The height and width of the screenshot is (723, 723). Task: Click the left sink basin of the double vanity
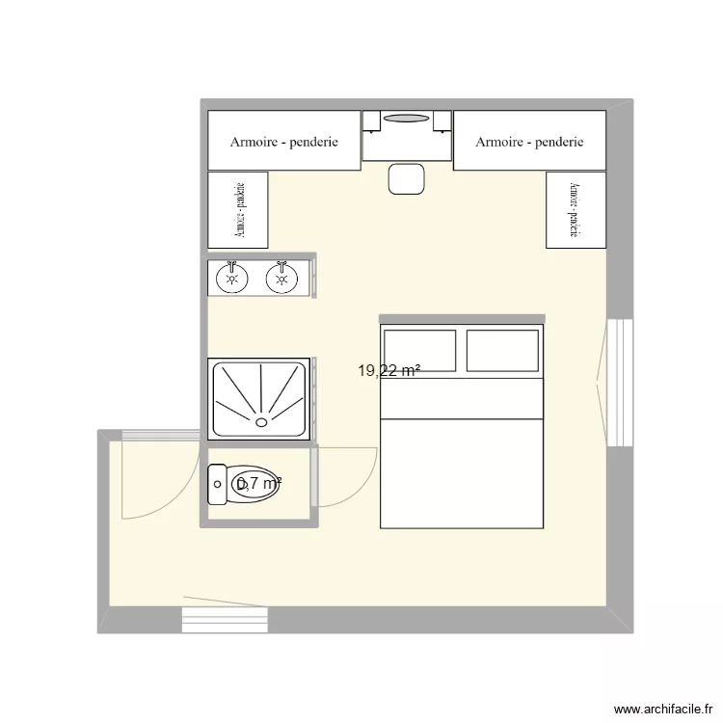point(231,279)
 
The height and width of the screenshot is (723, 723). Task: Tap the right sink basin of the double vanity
point(281,279)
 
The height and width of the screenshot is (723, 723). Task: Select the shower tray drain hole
point(261,421)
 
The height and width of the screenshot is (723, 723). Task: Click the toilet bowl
point(255,485)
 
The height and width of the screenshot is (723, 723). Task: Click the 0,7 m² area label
point(258,484)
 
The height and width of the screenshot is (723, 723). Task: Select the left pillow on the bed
point(420,350)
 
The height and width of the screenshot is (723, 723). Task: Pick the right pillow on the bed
point(501,350)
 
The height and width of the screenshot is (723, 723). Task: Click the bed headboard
point(462,318)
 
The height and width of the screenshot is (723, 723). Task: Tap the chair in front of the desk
point(407,178)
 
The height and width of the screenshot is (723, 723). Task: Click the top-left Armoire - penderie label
point(283,142)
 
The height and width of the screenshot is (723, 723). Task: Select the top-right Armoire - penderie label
point(529,142)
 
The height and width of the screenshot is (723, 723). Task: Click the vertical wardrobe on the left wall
point(237,209)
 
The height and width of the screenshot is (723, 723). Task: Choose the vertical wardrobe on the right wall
point(576,209)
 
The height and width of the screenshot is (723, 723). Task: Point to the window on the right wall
point(619,383)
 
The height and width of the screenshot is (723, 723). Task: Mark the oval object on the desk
point(407,119)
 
